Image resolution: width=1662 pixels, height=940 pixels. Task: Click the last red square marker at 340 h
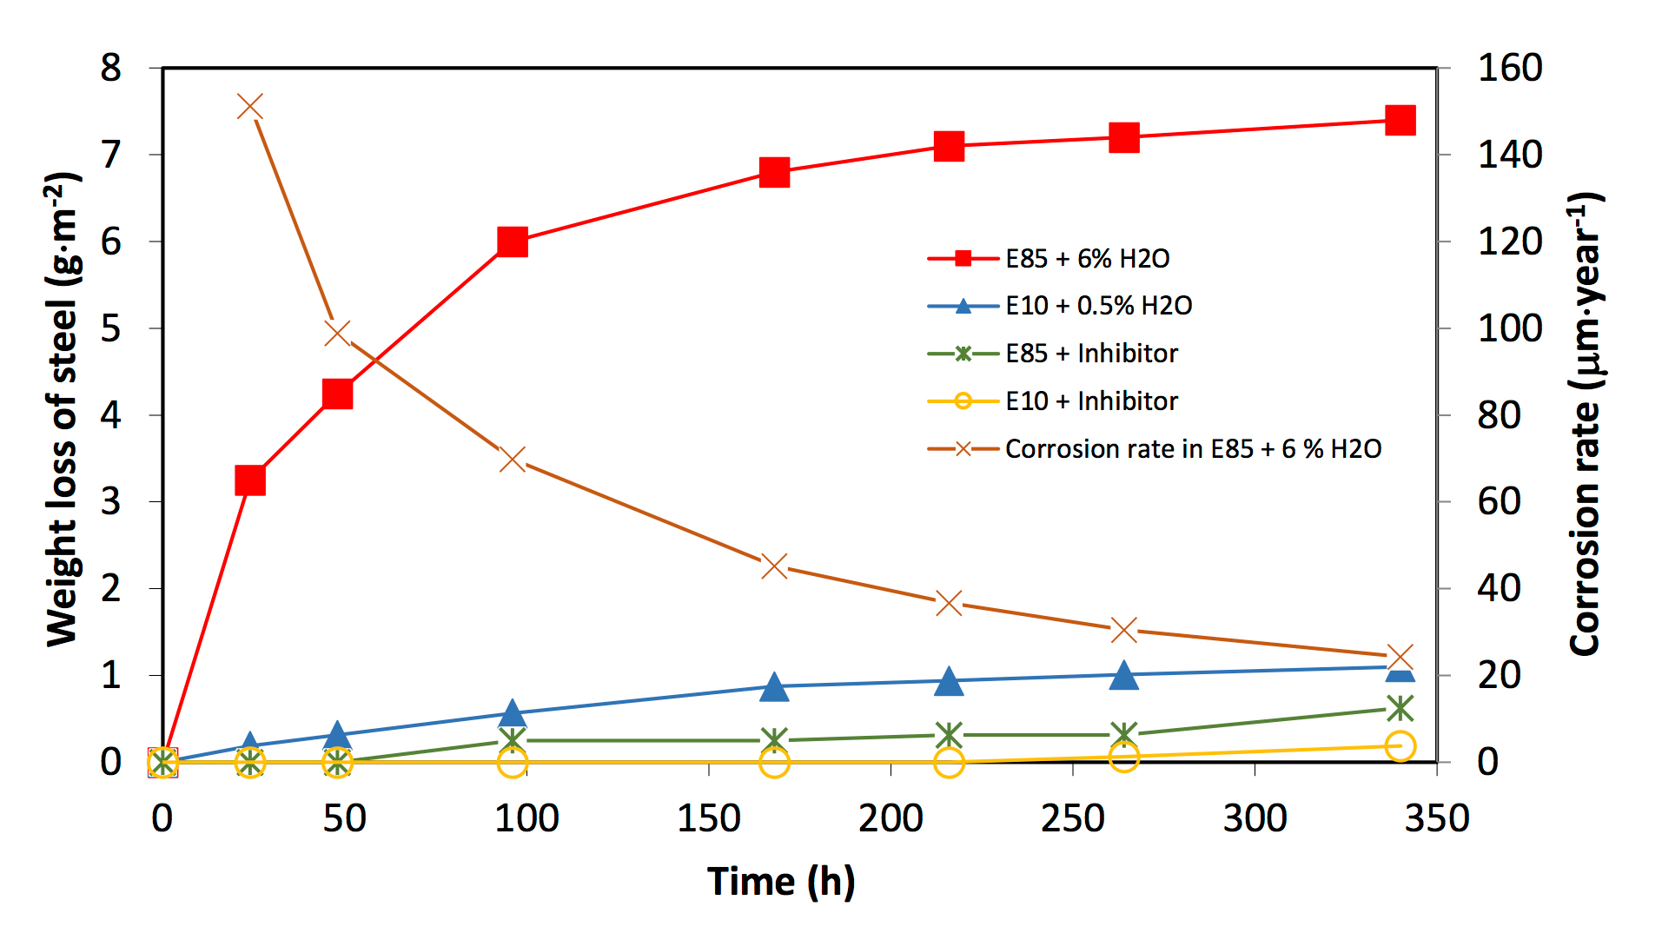[1400, 120]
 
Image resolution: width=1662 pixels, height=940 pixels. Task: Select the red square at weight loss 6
[513, 242]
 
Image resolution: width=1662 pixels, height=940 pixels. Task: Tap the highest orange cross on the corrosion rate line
[250, 108]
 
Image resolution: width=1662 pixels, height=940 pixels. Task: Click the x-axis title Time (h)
[780, 881]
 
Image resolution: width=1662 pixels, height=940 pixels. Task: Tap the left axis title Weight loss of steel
[63, 408]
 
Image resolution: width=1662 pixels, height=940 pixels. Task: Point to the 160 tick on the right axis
[1510, 68]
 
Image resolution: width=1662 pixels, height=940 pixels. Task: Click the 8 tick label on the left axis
[110, 68]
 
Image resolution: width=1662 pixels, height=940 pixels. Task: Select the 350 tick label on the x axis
[1436, 818]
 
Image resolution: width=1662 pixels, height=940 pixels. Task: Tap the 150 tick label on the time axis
[708, 818]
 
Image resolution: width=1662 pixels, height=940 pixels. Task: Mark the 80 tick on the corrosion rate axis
[1500, 415]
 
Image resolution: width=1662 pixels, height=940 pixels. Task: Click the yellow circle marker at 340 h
[1400, 745]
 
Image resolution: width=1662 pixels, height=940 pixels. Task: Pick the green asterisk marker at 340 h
[1400, 709]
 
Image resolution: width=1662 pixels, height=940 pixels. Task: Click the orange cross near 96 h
[513, 459]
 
